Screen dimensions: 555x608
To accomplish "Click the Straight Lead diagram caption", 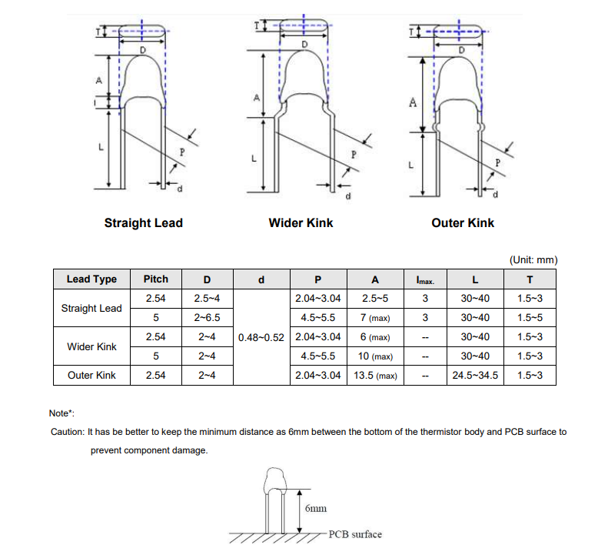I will (x=144, y=223).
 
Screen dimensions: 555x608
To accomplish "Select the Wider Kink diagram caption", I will (x=301, y=223).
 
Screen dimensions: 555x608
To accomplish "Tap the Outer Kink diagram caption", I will (x=463, y=223).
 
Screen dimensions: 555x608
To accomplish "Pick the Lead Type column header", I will (x=91, y=279).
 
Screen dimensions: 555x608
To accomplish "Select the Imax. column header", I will (x=425, y=279).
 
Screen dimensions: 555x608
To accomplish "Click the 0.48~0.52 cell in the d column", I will (x=261, y=337).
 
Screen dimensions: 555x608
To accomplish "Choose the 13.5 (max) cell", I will (x=376, y=376).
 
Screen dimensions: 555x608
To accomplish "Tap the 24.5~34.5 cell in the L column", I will (x=474, y=376).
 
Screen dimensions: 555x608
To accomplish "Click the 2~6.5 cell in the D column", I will (x=207, y=317).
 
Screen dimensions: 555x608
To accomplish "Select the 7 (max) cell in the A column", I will (x=376, y=317).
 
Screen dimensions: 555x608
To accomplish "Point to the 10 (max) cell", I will (x=376, y=356).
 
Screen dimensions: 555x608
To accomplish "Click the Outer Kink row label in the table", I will (x=91, y=376).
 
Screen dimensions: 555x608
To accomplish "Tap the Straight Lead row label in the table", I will (x=91, y=308).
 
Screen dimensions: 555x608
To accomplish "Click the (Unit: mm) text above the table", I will (x=533, y=260).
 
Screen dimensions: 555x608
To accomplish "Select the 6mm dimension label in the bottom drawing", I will (x=315, y=509).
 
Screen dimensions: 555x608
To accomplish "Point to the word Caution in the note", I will (x=67, y=432).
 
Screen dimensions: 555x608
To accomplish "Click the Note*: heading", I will (x=61, y=413).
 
